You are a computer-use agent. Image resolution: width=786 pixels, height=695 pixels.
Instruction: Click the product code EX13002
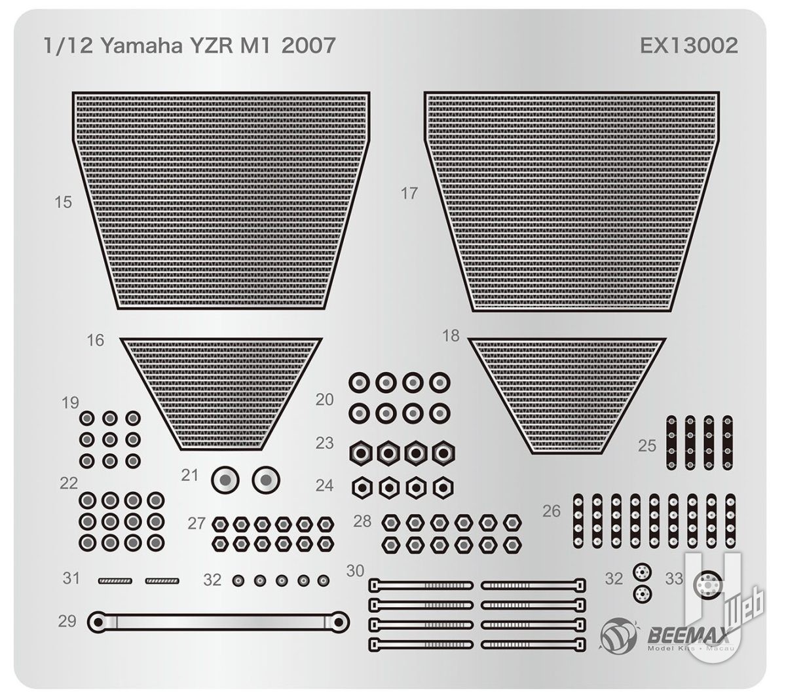(x=688, y=46)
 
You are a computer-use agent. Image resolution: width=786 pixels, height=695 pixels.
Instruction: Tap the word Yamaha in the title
(x=141, y=46)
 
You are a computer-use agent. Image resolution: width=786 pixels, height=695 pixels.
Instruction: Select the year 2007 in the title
(x=309, y=46)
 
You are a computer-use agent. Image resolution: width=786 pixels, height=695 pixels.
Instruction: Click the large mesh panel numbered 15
(x=221, y=200)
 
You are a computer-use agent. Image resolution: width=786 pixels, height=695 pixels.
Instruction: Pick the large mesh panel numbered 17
(x=572, y=201)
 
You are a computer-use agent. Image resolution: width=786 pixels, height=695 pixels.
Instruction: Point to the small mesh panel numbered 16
(x=221, y=394)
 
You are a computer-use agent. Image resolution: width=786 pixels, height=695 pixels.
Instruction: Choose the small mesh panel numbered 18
(x=567, y=396)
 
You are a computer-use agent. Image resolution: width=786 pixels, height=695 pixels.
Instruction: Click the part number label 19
(x=70, y=403)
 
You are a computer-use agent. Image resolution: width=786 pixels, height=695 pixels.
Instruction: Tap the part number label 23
(x=324, y=443)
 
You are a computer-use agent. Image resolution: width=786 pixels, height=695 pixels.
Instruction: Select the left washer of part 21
(x=225, y=480)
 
